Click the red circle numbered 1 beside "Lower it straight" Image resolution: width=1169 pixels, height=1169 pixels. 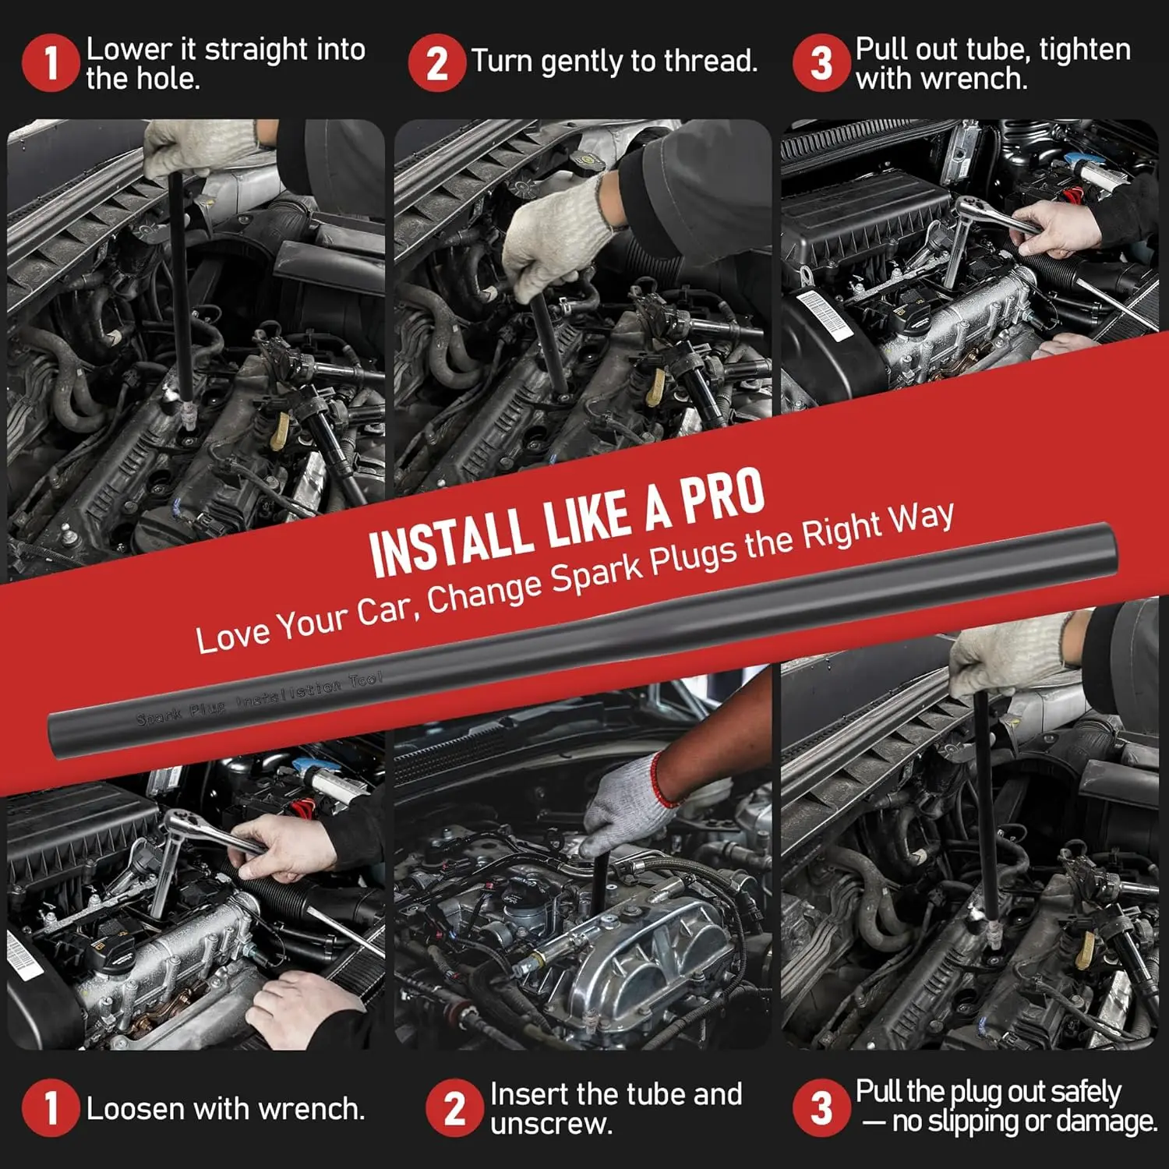pyautogui.click(x=51, y=62)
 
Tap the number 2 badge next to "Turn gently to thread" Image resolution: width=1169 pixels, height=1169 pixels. pyautogui.click(x=436, y=62)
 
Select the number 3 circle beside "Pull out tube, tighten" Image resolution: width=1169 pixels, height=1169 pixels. pyautogui.click(x=821, y=62)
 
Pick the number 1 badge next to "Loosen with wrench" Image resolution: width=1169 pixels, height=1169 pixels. pyautogui.click(x=51, y=1107)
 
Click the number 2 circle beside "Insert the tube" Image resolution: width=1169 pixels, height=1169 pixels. pyautogui.click(x=454, y=1107)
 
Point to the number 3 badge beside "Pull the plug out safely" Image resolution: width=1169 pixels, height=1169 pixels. pyautogui.click(x=821, y=1107)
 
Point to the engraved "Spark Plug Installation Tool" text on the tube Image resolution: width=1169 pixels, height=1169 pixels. pyautogui.click(x=260, y=699)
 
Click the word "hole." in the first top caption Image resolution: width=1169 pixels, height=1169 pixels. pyautogui.click(x=169, y=79)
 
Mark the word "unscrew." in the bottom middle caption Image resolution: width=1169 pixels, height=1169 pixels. pyautogui.click(x=551, y=1124)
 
